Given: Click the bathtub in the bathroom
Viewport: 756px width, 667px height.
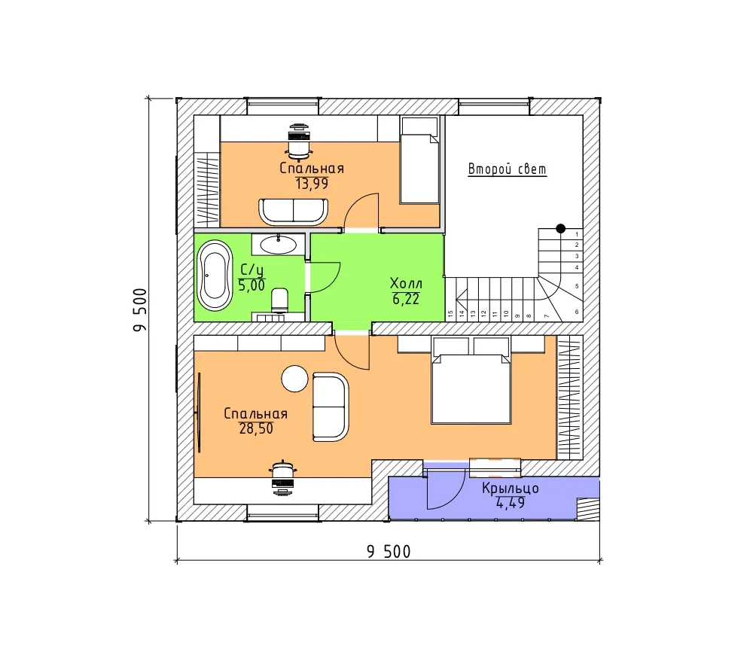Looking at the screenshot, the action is (215, 276).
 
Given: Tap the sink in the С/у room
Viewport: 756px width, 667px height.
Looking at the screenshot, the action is (278, 245).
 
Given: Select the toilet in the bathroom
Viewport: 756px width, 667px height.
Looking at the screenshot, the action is (279, 300).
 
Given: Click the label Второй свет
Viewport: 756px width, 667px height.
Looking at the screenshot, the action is (508, 169).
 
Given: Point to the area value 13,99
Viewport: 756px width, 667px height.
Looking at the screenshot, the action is (312, 184).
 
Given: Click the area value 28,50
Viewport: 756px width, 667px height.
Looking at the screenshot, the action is (256, 428).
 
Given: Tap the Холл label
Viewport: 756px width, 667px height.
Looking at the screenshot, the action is (406, 283).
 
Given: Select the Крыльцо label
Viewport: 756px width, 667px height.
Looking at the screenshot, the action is (510, 488).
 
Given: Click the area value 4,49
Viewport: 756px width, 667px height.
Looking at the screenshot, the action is (510, 503).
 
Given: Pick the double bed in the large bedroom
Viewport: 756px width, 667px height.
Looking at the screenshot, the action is (471, 381).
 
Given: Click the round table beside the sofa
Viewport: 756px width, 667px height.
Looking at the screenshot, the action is (294, 379).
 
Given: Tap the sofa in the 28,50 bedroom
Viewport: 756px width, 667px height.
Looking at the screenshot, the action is (331, 407).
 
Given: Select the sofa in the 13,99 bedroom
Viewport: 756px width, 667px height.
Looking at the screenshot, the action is (293, 212).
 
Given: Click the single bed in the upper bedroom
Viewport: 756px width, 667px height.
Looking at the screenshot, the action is (419, 160).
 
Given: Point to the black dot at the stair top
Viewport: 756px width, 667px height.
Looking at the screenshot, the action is (560, 228).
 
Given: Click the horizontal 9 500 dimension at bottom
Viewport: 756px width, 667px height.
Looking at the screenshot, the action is (389, 551).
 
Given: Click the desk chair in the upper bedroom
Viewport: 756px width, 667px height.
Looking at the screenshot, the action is (299, 143).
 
